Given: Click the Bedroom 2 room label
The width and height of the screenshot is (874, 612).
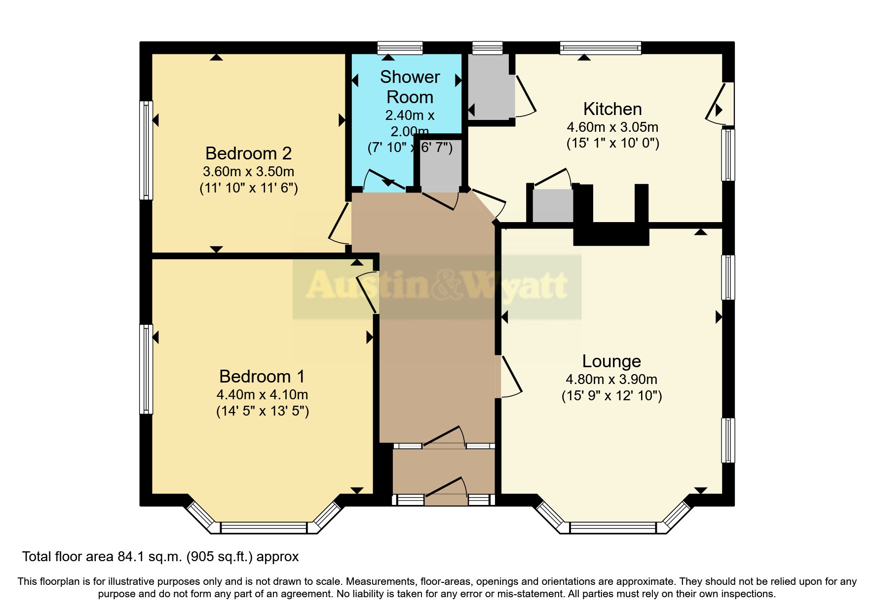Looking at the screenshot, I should pyautogui.click(x=248, y=153).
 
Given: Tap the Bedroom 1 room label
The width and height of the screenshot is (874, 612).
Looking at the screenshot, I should pyautogui.click(x=262, y=377).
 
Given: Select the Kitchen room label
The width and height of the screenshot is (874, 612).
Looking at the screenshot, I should pyautogui.click(x=612, y=109).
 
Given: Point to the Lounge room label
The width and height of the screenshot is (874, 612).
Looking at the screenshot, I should pyautogui.click(x=611, y=361).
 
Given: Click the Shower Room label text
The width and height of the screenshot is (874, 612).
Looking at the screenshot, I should pyautogui.click(x=410, y=87).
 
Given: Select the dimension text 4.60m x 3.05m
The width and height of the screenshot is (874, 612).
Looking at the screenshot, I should pyautogui.click(x=612, y=127).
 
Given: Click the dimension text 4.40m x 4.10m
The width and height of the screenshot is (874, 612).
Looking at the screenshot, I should pyautogui.click(x=262, y=395).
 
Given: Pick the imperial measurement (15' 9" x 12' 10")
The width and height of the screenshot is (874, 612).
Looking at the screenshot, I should pyautogui.click(x=611, y=396).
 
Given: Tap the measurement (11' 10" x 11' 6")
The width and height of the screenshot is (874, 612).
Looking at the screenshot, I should pyautogui.click(x=248, y=188).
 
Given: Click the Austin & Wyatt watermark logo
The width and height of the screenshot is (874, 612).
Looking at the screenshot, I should pyautogui.click(x=437, y=286).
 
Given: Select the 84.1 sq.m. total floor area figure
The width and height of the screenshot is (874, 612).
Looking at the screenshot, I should pyautogui.click(x=150, y=557).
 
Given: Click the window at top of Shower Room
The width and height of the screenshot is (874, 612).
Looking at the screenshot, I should pyautogui.click(x=400, y=48).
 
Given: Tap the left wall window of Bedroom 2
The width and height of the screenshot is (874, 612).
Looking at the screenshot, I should pyautogui.click(x=146, y=150).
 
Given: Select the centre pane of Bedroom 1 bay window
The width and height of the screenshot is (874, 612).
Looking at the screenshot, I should pyautogui.click(x=264, y=528).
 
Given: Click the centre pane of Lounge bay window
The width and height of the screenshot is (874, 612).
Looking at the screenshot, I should pyautogui.click(x=613, y=528).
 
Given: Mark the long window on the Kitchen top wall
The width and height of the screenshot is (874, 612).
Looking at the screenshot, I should pyautogui.click(x=600, y=48).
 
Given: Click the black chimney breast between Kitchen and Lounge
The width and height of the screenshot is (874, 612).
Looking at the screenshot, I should pyautogui.click(x=611, y=233).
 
